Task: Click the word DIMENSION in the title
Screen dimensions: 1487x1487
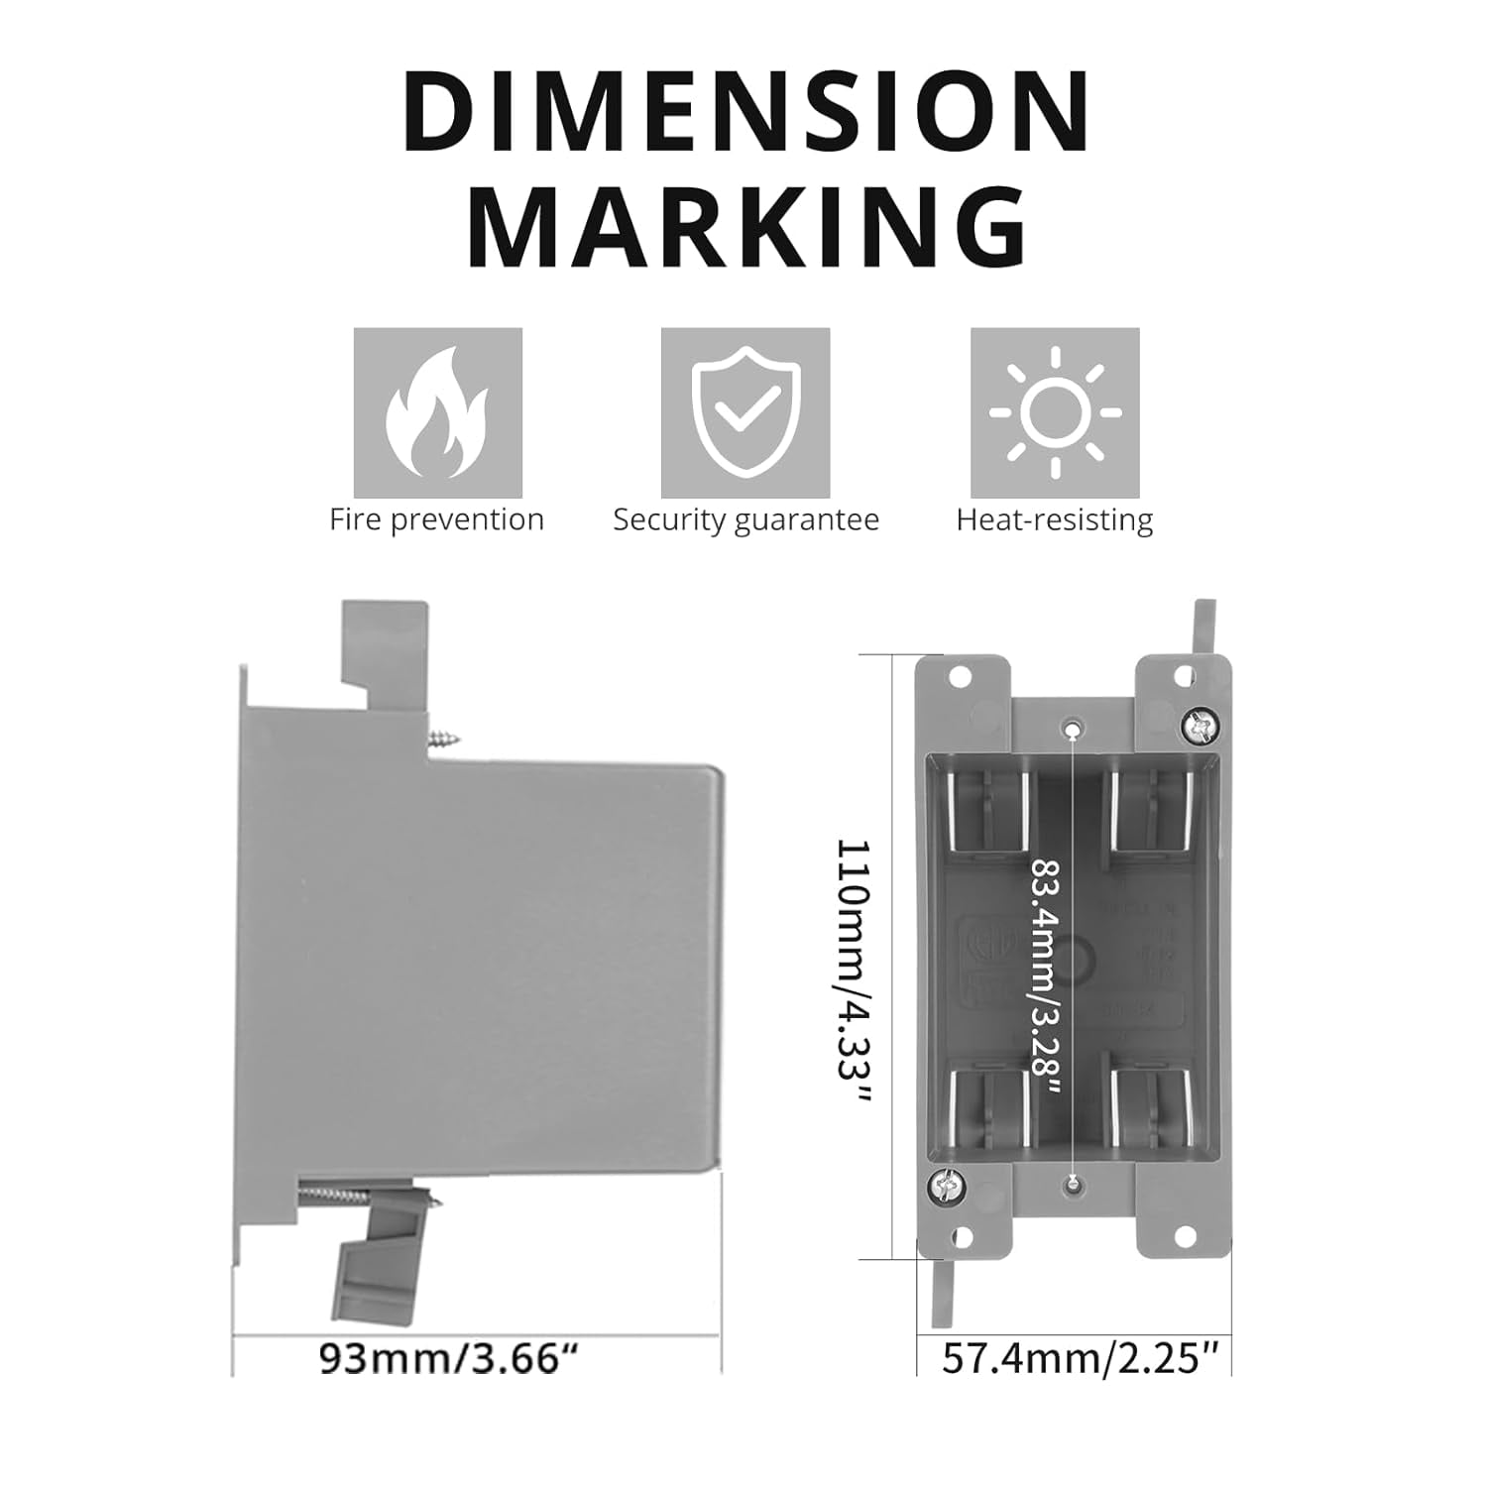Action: point(745,112)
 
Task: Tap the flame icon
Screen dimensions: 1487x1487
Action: point(437,412)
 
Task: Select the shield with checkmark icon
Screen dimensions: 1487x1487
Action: point(745,412)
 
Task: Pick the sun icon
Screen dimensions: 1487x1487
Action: point(1055,412)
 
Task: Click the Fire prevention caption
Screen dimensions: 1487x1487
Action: point(436,520)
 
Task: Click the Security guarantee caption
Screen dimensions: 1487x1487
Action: point(745,520)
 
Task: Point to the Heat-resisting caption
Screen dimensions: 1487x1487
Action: point(1055,520)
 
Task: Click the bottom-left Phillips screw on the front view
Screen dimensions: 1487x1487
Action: point(944,1184)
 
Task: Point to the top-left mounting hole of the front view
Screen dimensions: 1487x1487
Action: point(959,678)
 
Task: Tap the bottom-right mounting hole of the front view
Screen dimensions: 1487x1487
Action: point(1184,1236)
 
